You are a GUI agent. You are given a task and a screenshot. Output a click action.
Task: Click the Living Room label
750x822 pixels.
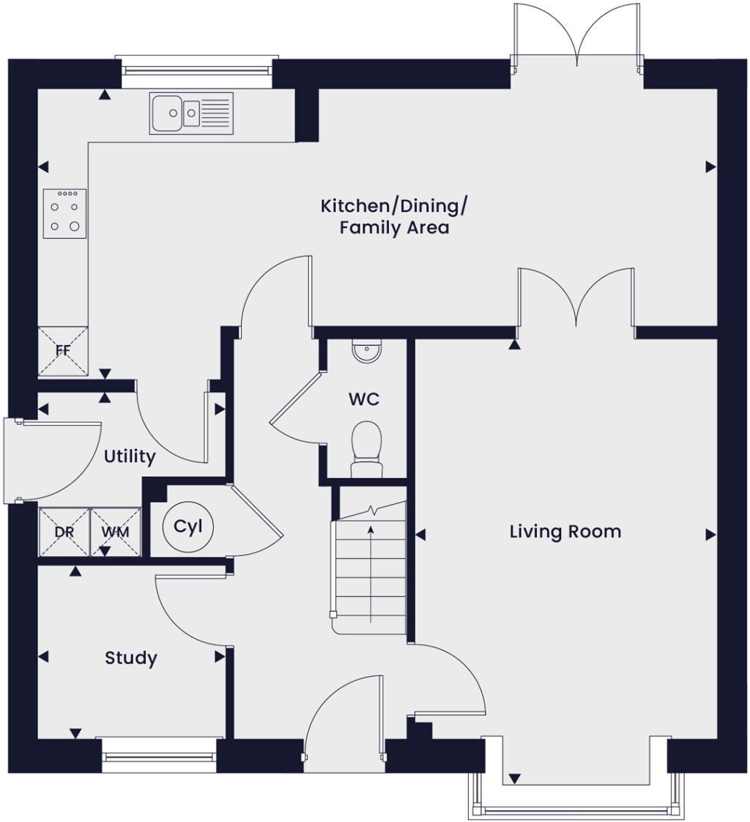pyautogui.click(x=565, y=531)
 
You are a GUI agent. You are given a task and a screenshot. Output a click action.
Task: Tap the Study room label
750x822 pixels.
pyautogui.click(x=130, y=658)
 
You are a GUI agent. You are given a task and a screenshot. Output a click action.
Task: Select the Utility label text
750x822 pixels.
pyautogui.click(x=130, y=457)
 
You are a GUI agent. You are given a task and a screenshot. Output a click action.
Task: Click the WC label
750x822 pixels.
pyautogui.click(x=363, y=400)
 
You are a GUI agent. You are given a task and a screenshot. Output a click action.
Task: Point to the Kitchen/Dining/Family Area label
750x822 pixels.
pyautogui.click(x=393, y=217)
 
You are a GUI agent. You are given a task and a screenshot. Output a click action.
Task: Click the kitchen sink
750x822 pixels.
pyautogui.click(x=191, y=113)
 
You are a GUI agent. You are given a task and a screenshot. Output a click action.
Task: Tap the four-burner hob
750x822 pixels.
pyautogui.click(x=64, y=213)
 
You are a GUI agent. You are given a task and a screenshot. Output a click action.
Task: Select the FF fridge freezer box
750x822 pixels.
pyautogui.click(x=63, y=350)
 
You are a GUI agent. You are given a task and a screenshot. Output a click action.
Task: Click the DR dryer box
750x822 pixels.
pyautogui.click(x=64, y=531)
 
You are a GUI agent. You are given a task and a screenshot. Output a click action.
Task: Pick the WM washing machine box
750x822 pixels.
pyautogui.click(x=115, y=531)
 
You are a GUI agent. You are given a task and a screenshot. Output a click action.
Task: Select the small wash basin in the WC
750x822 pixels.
pyautogui.click(x=365, y=352)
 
